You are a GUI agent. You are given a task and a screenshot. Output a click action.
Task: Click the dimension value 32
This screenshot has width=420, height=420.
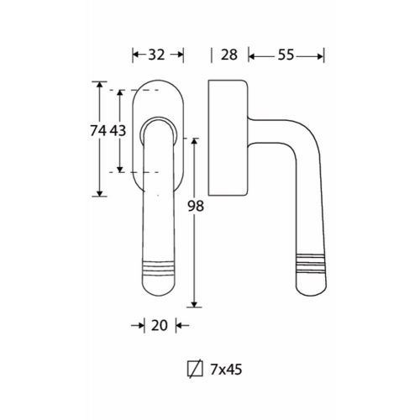(156, 55)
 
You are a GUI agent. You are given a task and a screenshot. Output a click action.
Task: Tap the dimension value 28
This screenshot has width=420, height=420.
(229, 55)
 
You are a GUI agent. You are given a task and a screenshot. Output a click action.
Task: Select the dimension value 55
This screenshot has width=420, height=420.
(286, 55)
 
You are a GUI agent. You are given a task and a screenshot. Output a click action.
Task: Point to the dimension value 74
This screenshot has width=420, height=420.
(98, 130)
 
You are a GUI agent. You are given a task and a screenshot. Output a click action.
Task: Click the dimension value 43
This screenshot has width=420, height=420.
(118, 130)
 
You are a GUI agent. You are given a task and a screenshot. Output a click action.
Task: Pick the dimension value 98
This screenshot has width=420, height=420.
(196, 207)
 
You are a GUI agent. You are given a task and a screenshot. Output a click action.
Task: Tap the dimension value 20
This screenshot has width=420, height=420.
(160, 325)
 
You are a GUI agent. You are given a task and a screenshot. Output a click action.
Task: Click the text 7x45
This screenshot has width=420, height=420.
(226, 370)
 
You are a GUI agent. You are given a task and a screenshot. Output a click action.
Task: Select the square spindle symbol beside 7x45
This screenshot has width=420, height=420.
(195, 369)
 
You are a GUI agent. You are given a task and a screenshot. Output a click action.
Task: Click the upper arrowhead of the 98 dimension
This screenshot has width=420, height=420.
(194, 141)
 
